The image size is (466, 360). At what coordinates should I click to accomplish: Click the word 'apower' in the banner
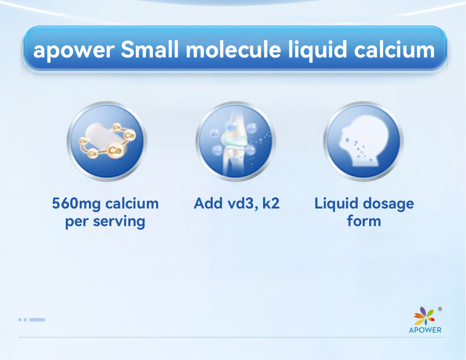click(74, 51)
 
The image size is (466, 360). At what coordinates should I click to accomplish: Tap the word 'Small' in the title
click(150, 50)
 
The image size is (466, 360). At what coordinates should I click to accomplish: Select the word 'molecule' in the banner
click(233, 50)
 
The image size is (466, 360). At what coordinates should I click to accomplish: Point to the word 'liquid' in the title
click(317, 50)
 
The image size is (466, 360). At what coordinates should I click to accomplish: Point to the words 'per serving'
click(105, 221)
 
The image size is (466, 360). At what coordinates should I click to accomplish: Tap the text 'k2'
click(271, 203)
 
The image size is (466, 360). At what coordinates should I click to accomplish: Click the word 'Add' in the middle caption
click(208, 203)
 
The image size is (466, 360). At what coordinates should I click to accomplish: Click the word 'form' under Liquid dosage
click(364, 221)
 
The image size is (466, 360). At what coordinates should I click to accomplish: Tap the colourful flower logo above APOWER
click(424, 316)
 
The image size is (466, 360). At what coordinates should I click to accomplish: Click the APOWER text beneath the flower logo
click(425, 330)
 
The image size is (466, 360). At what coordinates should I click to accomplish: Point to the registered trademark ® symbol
click(440, 309)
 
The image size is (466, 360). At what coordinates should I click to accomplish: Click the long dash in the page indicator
click(37, 320)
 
